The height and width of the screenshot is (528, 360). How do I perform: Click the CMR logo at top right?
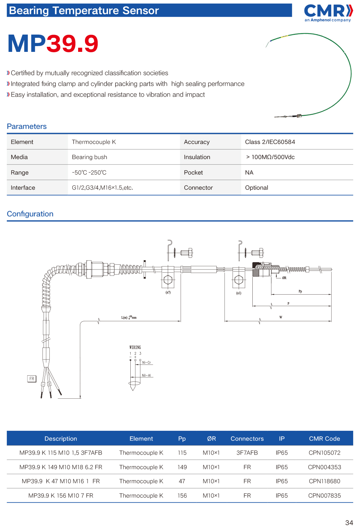[x=328, y=13]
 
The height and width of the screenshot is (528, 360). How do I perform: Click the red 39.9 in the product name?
[x=72, y=44]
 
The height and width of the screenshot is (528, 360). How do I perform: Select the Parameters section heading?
[x=27, y=126]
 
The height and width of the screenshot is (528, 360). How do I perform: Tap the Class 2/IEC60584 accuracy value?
[x=270, y=142]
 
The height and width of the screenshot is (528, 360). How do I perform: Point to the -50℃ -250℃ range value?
[x=89, y=173]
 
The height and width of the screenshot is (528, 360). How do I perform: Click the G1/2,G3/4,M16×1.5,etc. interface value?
[x=102, y=188]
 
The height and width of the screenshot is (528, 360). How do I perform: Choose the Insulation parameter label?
[x=197, y=157]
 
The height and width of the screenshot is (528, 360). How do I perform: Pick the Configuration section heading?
[x=30, y=214]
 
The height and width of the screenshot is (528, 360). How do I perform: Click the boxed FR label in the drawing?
[x=32, y=379]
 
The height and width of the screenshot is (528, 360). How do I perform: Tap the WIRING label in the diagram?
[x=135, y=348]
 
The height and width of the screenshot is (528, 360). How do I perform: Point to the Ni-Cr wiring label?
[x=147, y=363]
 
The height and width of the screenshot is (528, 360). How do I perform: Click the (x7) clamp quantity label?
[x=168, y=292]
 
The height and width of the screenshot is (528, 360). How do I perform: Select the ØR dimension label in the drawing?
[x=284, y=278]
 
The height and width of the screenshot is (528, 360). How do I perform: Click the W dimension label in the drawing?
[x=281, y=317]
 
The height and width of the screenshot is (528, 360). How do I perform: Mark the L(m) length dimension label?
[x=129, y=318]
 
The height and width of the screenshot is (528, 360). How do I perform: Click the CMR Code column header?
[x=324, y=439]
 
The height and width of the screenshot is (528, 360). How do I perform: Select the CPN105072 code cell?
[x=324, y=453]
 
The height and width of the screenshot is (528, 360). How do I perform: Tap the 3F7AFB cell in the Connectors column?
[x=247, y=453]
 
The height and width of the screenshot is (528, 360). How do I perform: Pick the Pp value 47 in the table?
[x=182, y=481]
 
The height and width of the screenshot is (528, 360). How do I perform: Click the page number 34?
[x=349, y=523]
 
